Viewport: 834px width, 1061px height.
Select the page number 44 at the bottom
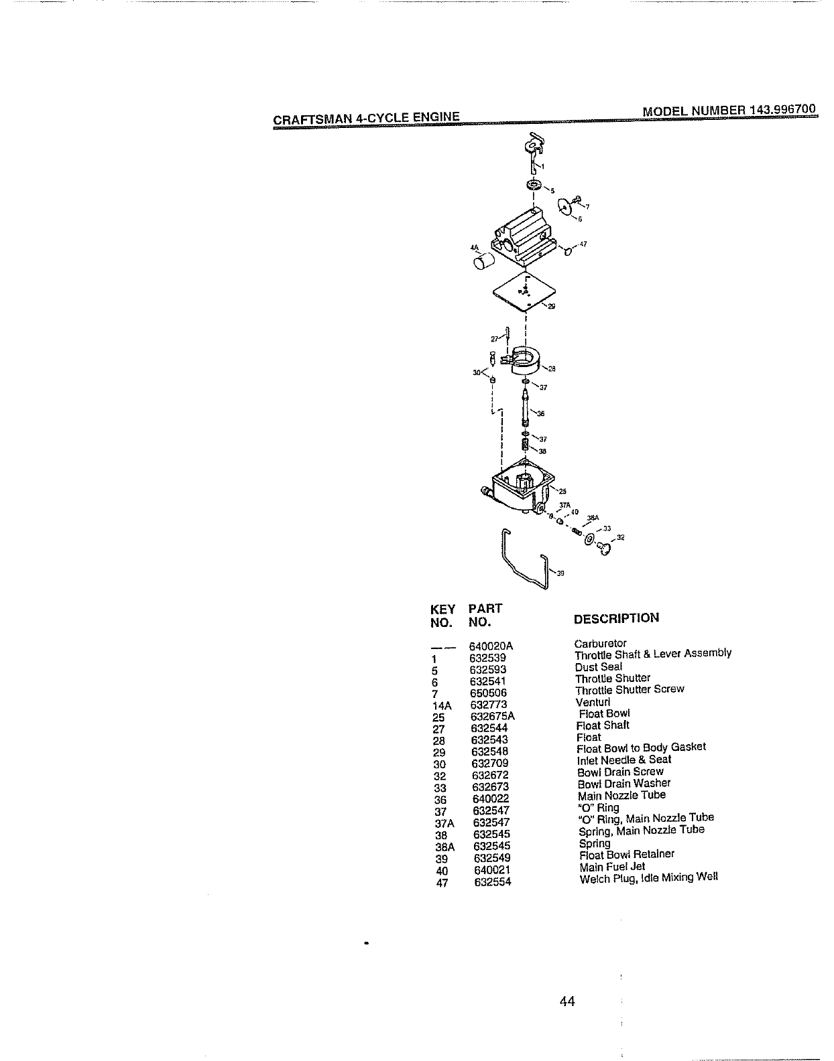coord(567,1001)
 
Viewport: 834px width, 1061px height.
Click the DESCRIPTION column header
coord(617,618)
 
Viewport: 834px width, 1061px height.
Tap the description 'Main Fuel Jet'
coord(612,866)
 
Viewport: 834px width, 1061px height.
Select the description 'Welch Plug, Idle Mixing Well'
coord(648,877)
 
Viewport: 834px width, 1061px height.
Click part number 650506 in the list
coord(488,693)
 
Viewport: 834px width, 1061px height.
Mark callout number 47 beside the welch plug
coord(583,244)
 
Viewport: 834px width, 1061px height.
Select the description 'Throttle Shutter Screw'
coord(630,689)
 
